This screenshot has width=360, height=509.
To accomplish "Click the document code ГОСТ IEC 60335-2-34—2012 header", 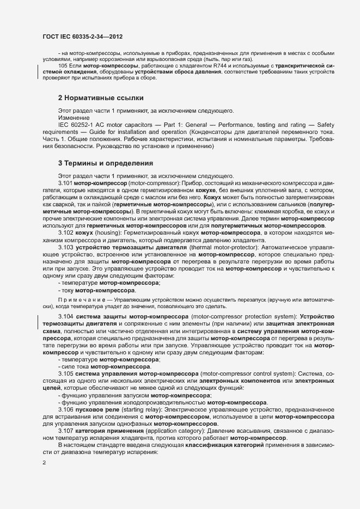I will click(82, 37).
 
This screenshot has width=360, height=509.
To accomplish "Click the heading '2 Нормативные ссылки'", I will click(101, 98).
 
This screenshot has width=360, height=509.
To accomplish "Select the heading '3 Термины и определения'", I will click(105, 163).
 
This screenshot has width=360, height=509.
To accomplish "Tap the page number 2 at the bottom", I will click(44, 463).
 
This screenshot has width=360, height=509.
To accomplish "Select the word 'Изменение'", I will click(71, 118).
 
